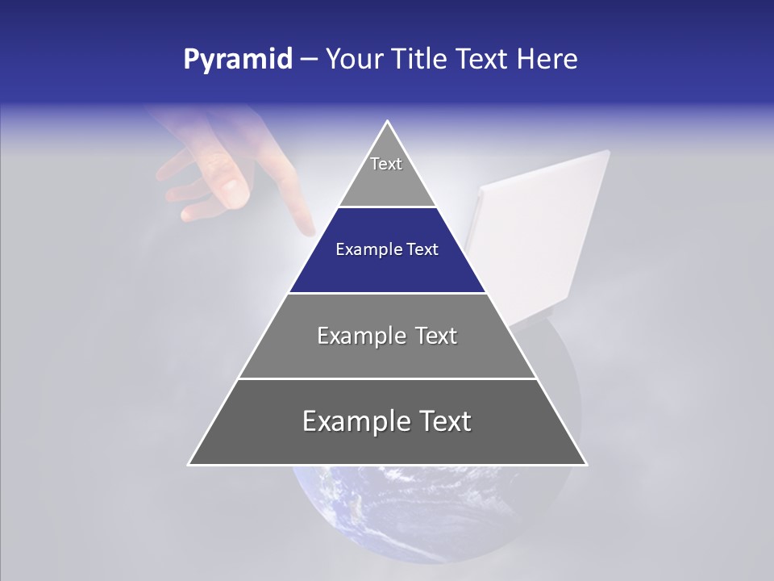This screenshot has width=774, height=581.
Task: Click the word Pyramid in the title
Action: click(238, 60)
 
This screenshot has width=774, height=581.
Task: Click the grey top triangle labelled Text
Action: click(386, 173)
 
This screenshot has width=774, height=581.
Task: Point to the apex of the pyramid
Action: click(387, 123)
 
